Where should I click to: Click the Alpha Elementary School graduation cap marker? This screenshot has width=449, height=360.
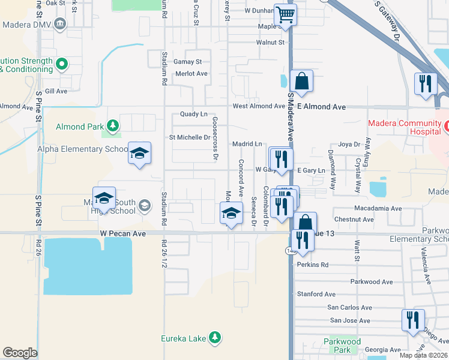pos(139,154)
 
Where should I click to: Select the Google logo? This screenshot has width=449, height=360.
pos(20,352)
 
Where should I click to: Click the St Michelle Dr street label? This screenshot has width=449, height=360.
pos(189,137)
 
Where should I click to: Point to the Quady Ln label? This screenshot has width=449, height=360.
pos(193,114)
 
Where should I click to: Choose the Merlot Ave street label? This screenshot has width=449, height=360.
pos(191,74)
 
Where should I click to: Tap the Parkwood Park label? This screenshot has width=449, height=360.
pos(342,346)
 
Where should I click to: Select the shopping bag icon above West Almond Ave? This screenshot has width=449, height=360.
pos(301,81)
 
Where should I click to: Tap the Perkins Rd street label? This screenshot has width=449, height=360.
pos(312,265)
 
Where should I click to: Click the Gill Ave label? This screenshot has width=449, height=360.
pos(56,91)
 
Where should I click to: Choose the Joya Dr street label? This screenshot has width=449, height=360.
pos(349,145)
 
